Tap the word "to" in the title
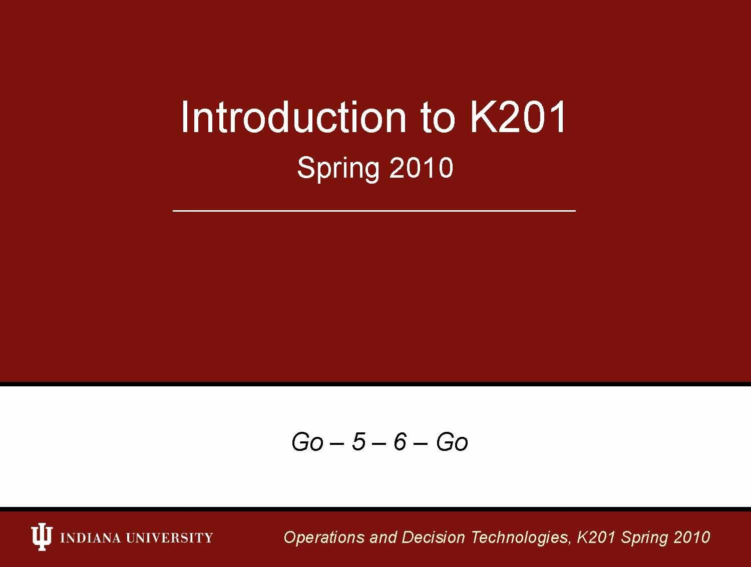[438, 118]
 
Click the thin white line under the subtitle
[374, 211]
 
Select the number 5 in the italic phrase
[358, 442]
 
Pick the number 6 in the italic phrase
[400, 442]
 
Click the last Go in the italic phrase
[452, 442]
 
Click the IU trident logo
[42, 537]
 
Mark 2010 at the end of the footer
[692, 537]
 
